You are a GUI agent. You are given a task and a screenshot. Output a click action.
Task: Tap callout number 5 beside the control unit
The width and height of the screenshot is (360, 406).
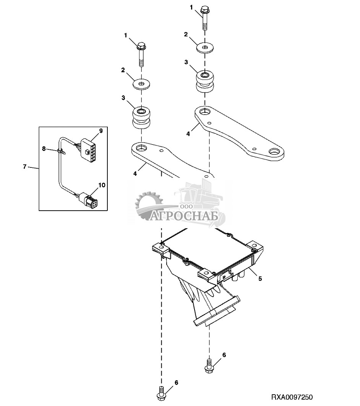pos(260,279)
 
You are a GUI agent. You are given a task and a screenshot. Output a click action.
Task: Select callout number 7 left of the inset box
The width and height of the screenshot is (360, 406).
pos(25,167)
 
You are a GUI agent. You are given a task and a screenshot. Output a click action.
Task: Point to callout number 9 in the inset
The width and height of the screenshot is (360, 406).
pos(101,131)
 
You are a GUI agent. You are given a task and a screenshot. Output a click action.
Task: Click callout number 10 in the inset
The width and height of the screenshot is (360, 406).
pos(101,185)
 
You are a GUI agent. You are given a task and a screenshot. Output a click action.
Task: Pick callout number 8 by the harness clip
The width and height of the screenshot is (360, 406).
pos(44,149)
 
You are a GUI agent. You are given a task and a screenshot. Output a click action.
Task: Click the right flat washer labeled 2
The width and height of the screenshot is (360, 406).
pos(205,48)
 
